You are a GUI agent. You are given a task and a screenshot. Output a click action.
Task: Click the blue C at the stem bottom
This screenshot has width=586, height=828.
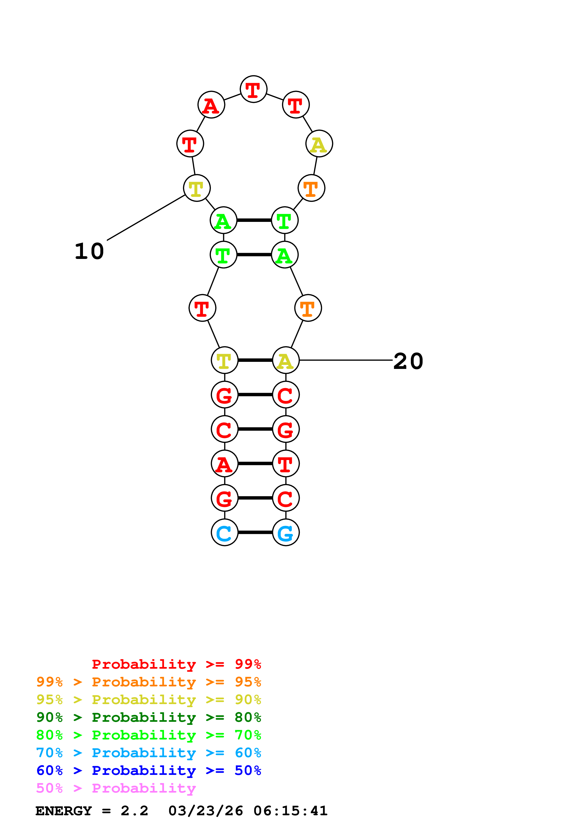pos(224,533)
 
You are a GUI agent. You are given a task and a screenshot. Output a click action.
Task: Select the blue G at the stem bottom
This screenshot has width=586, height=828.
pos(286,533)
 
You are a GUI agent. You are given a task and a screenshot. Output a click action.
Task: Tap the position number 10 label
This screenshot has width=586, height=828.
pos(89,251)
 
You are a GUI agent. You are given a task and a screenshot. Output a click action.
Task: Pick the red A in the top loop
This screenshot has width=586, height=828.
pos(211,105)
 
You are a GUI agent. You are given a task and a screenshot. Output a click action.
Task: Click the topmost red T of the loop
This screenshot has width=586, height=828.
pos(253,89)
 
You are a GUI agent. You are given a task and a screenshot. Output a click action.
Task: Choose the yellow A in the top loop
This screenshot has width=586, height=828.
pos(319,144)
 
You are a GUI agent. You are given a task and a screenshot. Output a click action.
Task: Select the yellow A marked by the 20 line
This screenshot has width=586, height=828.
pos(286,360)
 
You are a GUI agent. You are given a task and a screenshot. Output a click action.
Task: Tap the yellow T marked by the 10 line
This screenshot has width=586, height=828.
pos(197,188)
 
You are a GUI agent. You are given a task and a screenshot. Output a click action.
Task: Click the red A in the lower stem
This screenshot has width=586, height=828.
pos(224,464)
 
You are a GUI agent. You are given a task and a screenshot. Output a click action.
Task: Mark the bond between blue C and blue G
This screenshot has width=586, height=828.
pos(255,533)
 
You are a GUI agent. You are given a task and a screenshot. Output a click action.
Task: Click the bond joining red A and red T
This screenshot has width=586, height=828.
pos(255,464)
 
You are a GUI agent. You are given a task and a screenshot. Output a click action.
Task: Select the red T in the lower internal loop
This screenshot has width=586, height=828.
pos(202,308)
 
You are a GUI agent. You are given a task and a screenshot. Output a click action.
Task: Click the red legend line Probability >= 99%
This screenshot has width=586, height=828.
pos(176,664)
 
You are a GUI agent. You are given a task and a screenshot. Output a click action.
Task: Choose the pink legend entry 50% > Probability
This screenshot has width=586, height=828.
pos(116,788)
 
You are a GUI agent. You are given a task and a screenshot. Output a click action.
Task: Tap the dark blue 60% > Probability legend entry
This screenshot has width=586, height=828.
pos(148,771)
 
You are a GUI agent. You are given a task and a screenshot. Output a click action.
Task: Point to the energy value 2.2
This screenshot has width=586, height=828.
pos(134,811)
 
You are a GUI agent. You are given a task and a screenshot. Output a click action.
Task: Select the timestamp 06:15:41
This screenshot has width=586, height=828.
pos(290,811)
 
